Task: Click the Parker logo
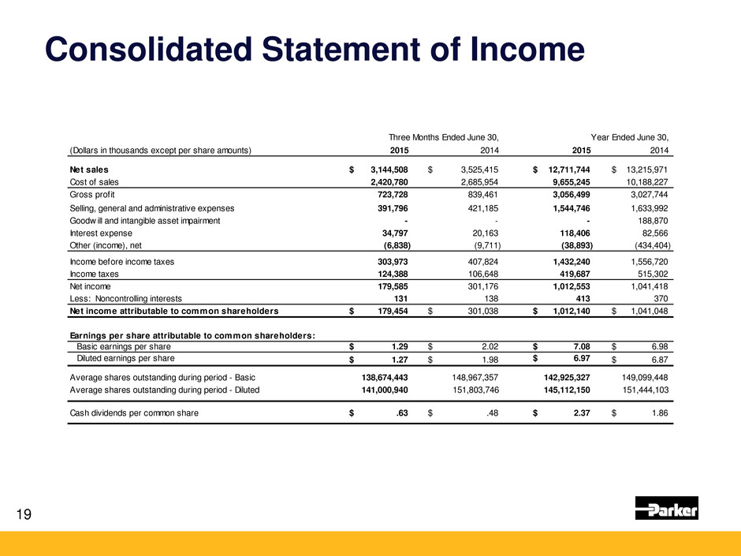pyautogui.click(x=667, y=509)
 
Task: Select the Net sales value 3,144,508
pyautogui.click(x=385, y=169)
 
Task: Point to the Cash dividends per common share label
pyautogui.click(x=132, y=412)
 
